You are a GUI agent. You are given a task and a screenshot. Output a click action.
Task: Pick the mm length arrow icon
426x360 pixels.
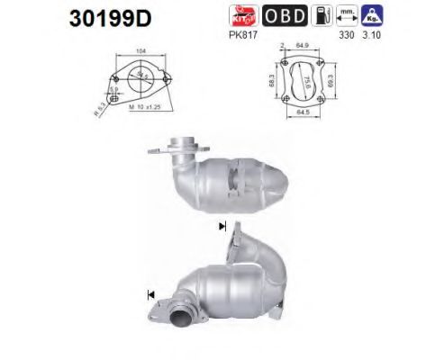point(346,15)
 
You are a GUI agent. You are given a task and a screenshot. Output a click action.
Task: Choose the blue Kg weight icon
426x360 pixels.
point(370,15)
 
